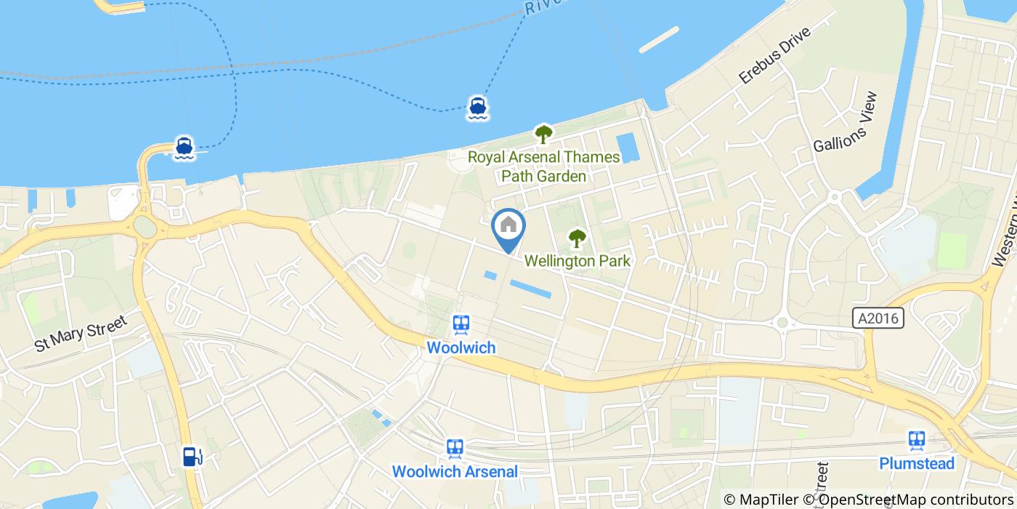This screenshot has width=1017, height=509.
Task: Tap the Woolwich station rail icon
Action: pyautogui.click(x=460, y=324)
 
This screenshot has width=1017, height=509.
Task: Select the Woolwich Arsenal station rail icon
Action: pyautogui.click(x=455, y=447)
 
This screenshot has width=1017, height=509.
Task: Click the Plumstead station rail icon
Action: pyautogui.click(x=916, y=440)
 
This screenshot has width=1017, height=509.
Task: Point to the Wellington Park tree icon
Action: pyautogui.click(x=577, y=237)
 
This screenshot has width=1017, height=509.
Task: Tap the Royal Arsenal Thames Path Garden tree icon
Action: pyautogui.click(x=543, y=134)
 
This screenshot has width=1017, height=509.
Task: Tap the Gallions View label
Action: pyautogui.click(x=846, y=121)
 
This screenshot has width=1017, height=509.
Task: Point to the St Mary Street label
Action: pyautogui.click(x=81, y=333)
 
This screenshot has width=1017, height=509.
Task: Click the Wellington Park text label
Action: pyautogui.click(x=577, y=260)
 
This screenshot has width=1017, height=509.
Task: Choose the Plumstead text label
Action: pyautogui.click(x=916, y=463)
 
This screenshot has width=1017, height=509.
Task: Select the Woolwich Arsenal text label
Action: pyautogui.click(x=455, y=471)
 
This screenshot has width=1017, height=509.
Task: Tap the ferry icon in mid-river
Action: pyautogui.click(x=477, y=107)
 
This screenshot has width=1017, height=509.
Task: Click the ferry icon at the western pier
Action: pyautogui.click(x=184, y=147)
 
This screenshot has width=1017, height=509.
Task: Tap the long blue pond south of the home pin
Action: pyautogui.click(x=530, y=289)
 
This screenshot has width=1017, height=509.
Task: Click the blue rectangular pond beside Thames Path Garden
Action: pyautogui.click(x=627, y=148)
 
